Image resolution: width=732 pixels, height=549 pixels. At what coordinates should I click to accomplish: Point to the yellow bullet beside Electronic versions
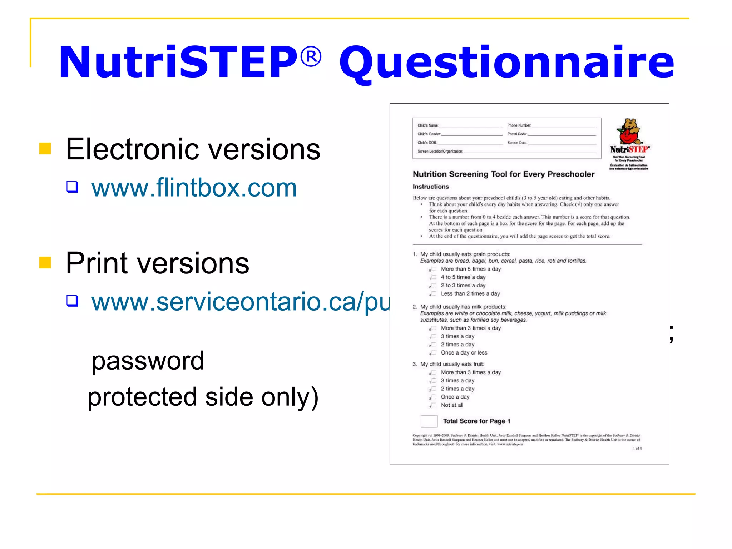tap(45, 148)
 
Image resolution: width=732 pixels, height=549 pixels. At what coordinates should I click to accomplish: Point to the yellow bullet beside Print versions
tap(45, 262)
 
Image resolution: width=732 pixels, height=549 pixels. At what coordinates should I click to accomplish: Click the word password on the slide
tap(148, 361)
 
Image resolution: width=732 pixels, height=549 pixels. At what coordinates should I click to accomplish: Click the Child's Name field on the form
tap(470, 125)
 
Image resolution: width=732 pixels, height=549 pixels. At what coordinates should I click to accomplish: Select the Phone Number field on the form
tap(563, 125)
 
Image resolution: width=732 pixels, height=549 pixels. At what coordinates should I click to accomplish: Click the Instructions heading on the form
tap(430, 187)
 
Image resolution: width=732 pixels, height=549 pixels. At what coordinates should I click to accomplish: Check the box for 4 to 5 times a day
tap(434, 277)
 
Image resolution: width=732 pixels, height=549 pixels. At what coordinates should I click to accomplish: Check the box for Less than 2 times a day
tap(434, 293)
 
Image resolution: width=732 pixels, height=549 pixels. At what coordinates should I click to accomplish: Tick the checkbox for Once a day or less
tap(434, 352)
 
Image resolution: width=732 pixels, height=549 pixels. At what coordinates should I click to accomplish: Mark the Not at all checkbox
tap(434, 405)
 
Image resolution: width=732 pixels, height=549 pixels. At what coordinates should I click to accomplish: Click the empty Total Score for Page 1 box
tap(429, 421)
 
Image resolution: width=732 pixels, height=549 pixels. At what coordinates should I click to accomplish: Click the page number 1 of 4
tap(637, 448)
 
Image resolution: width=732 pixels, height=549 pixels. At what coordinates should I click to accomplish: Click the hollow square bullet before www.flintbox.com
tap(72, 187)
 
